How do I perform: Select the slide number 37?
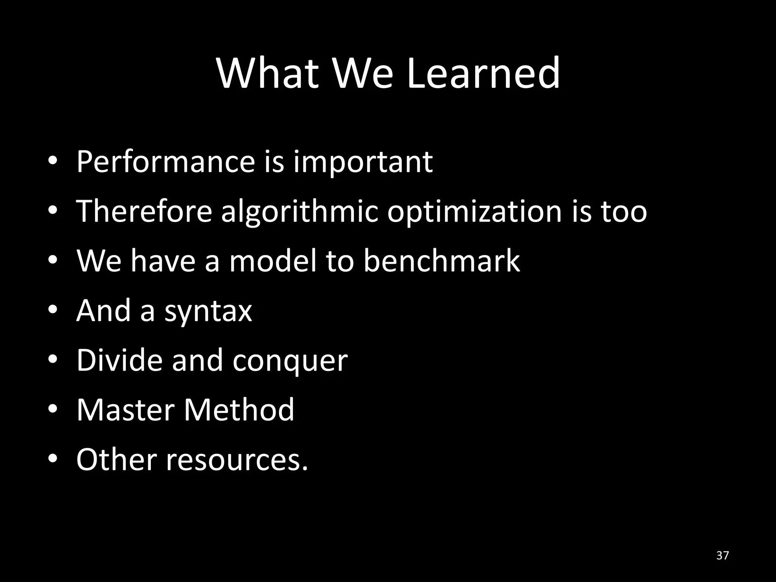click(x=723, y=555)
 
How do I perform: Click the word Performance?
click(x=166, y=162)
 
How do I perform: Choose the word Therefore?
click(x=144, y=211)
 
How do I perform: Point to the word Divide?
click(x=119, y=360)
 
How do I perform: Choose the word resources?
click(x=237, y=460)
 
